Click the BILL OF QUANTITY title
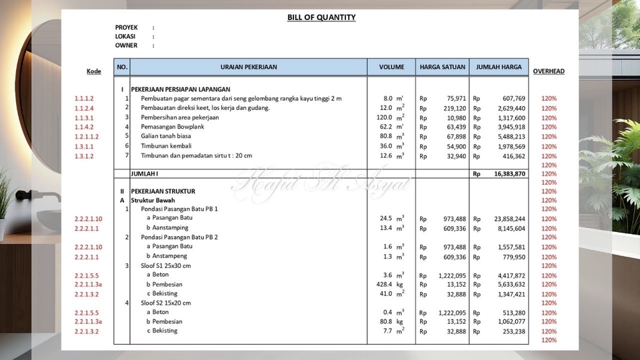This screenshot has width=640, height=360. tap(321, 17)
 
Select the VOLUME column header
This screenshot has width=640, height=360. tap(391, 67)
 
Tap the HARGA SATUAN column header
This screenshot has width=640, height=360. tap(442, 67)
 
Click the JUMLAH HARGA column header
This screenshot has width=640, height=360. tap(498, 67)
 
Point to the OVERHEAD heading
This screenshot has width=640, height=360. tap(549, 71)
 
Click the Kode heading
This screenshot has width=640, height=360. tap(94, 71)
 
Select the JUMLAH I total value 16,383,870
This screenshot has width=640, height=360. tap(509, 173)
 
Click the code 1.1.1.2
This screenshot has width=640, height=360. tap(84, 99)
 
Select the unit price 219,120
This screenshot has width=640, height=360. tap(454, 108)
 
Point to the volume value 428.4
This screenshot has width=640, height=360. tap(385, 284)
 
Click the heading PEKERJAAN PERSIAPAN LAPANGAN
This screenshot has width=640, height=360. tap(181, 89)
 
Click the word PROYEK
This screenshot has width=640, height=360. tap(126, 27)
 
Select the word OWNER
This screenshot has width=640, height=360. tap(126, 45)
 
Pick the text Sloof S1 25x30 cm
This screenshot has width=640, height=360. tap(165, 265)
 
